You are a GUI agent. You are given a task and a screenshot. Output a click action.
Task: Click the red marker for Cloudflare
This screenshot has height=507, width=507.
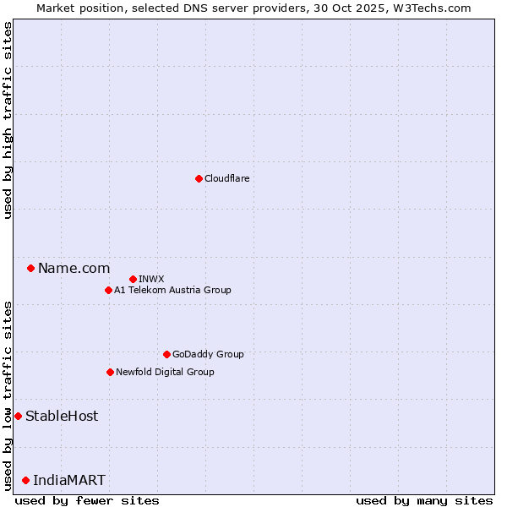click(199, 178)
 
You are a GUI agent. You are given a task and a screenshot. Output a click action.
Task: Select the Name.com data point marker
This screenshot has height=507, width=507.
click(31, 268)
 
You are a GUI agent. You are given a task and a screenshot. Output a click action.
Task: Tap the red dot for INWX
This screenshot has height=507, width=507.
click(133, 279)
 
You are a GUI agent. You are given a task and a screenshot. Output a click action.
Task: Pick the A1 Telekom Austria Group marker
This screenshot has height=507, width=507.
click(108, 290)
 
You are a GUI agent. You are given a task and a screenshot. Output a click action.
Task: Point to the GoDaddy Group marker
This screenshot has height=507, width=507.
click(166, 354)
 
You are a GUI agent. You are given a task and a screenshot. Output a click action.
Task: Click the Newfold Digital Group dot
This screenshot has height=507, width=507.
click(110, 372)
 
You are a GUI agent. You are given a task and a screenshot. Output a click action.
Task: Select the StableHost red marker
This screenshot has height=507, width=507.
click(18, 416)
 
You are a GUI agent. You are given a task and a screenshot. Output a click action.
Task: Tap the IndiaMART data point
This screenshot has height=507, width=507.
click(25, 480)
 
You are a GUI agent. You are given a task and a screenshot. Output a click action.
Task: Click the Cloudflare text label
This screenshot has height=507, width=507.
click(226, 178)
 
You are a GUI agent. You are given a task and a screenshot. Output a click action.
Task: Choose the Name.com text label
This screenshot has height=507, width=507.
click(74, 268)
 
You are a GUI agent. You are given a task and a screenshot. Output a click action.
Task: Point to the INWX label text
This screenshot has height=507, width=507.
click(151, 279)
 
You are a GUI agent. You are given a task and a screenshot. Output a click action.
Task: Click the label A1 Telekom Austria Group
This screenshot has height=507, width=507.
click(172, 290)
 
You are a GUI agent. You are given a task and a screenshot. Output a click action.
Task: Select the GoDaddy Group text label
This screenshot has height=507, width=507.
click(208, 354)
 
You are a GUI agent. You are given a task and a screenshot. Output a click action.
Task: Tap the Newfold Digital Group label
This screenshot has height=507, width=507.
click(165, 372)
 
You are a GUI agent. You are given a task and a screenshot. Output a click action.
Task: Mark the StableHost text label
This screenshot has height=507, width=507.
click(62, 416)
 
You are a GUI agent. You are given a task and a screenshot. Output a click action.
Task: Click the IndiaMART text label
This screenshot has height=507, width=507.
click(69, 480)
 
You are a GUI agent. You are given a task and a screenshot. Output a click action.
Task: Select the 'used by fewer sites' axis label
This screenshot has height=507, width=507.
click(87, 500)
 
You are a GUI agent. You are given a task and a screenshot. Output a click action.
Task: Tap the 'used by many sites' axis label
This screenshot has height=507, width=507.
click(424, 500)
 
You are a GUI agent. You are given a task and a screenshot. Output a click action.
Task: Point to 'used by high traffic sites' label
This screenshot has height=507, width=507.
click(8, 120)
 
